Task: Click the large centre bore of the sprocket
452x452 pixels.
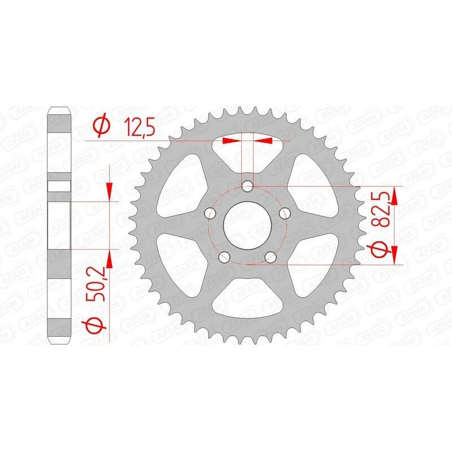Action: click(x=247, y=225)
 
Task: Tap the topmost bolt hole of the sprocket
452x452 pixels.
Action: click(x=247, y=186)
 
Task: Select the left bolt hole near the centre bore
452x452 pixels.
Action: click(x=210, y=214)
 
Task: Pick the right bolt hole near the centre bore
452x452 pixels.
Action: click(x=285, y=214)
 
